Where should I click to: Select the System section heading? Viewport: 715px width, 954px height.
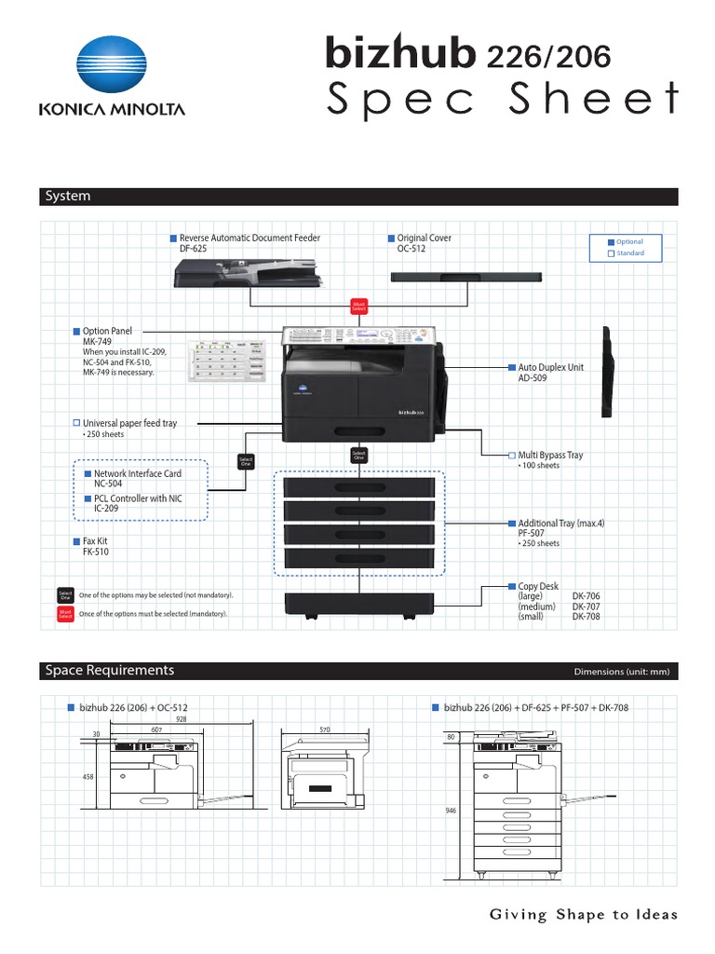68,197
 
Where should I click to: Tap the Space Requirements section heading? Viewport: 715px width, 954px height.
110,671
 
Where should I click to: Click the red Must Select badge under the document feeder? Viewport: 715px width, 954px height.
358,306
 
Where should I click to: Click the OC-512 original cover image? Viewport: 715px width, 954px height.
465,278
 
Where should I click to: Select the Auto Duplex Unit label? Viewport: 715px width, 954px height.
551,368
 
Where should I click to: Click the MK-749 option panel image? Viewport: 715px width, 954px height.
229,362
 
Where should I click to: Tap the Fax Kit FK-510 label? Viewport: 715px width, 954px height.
102,541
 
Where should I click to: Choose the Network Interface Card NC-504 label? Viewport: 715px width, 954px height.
137,474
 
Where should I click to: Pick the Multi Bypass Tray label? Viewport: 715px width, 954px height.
550,456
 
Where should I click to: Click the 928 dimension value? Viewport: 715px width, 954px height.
181,718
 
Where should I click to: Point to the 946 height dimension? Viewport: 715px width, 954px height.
452,811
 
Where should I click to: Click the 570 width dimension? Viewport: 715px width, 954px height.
325,729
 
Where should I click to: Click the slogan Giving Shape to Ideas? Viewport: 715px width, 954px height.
584,915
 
